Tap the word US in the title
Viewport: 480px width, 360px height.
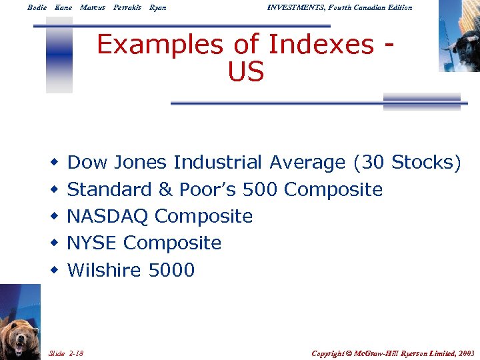click(246, 72)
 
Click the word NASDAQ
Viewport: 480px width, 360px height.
click(109, 217)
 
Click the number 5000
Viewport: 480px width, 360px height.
click(171, 270)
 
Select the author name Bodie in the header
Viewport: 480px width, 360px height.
click(37, 7)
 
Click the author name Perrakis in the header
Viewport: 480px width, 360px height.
click(127, 7)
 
